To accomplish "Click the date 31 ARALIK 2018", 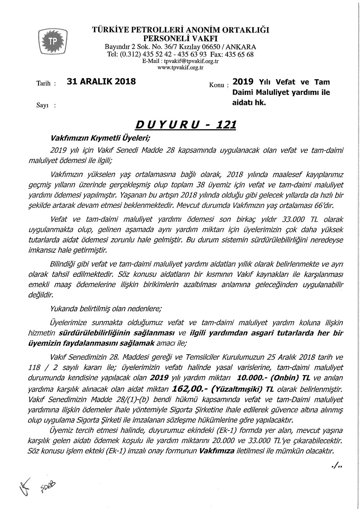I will tap(101, 81).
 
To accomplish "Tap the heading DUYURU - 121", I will tap(185, 125).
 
